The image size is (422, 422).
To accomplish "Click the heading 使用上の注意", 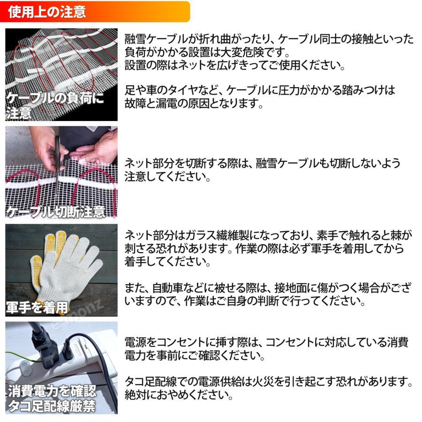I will (x=47, y=12).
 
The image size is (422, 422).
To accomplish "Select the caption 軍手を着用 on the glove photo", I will (x=37, y=307).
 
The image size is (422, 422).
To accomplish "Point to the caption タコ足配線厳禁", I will (x=52, y=406).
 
